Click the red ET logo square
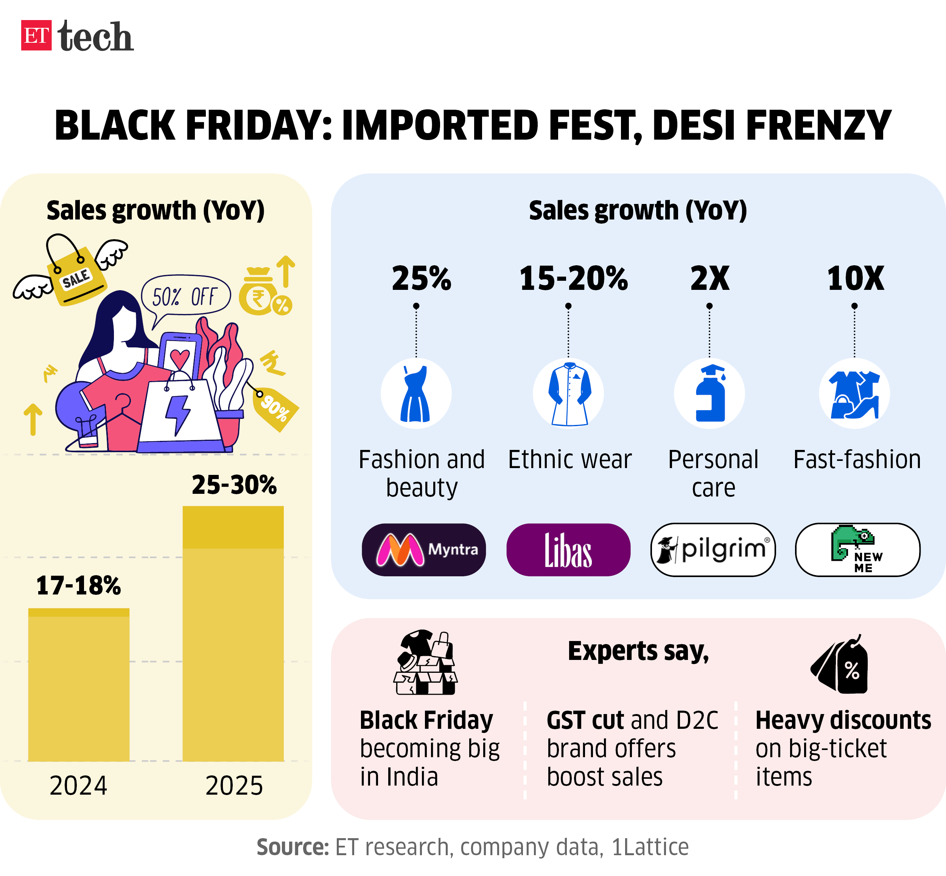tap(36, 35)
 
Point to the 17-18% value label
tap(79, 585)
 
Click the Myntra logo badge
tap(424, 550)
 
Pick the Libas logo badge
tap(568, 550)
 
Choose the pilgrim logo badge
tap(713, 550)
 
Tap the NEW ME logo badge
tap(857, 550)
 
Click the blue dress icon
tap(415, 394)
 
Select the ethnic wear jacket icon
tap(568, 394)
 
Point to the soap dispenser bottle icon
tap(709, 394)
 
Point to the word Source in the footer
tap(293, 847)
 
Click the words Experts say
tap(638, 651)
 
